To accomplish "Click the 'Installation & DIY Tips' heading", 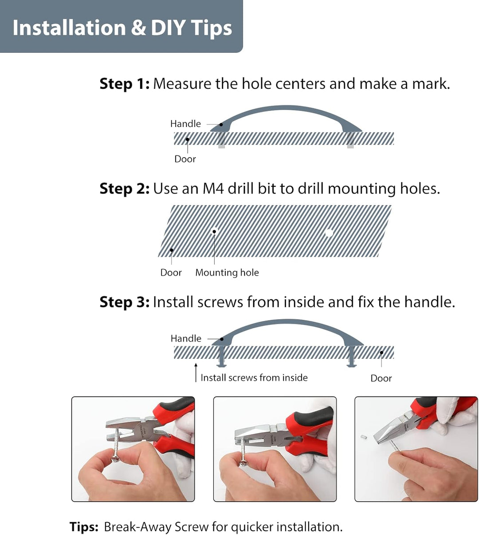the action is click(x=122, y=28).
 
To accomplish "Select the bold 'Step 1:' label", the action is click(x=125, y=84).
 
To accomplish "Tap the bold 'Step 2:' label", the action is click(x=125, y=189).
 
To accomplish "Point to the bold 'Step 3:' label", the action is click(x=125, y=302).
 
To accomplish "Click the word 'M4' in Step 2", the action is click(x=213, y=189).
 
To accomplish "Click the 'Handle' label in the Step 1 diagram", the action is click(x=185, y=123).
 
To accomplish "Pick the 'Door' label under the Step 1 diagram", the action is click(x=185, y=159).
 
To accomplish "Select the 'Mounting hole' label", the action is click(x=227, y=273).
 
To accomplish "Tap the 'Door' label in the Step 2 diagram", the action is click(x=171, y=273).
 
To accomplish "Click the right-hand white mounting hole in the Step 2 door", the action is click(x=329, y=233).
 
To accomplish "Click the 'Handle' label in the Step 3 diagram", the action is click(x=186, y=338).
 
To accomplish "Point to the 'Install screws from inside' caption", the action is click(x=254, y=378).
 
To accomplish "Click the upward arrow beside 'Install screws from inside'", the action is click(x=196, y=373).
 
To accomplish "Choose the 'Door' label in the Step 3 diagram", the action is click(x=381, y=378).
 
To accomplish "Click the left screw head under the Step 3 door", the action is click(x=222, y=365).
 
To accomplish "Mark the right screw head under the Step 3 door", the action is click(x=351, y=365).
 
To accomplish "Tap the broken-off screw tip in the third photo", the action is click(x=364, y=437).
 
